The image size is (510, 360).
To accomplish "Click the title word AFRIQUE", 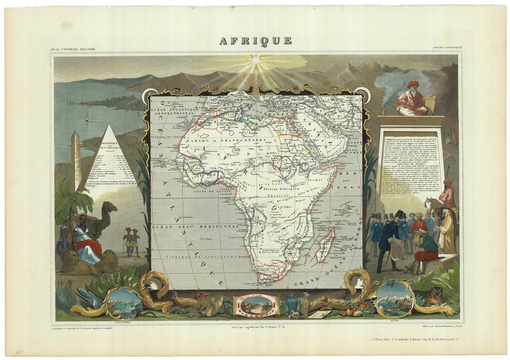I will (256, 41).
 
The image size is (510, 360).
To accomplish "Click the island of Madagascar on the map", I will (325, 245).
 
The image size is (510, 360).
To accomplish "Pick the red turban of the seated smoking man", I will (413, 83).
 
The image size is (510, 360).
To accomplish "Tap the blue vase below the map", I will (292, 304).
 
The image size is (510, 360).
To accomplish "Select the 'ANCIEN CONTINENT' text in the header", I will (447, 48).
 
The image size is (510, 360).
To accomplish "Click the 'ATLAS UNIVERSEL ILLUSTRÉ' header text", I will (73, 48).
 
